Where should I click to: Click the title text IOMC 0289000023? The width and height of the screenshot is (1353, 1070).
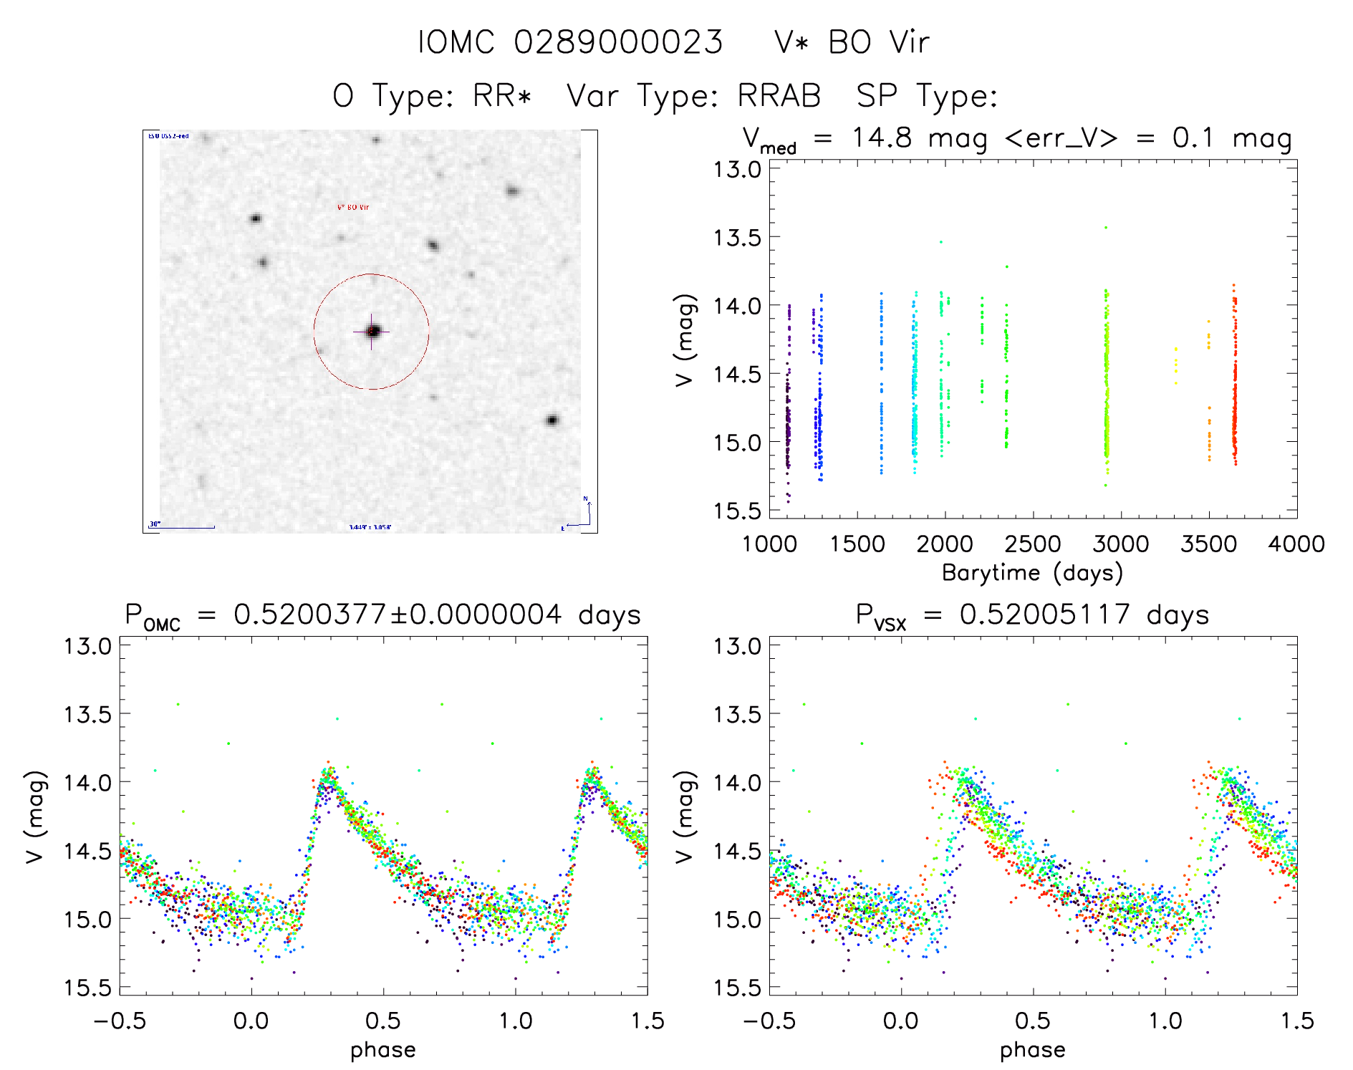pyautogui.click(x=570, y=42)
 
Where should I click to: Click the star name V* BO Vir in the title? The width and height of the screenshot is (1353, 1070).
pyautogui.click(x=852, y=42)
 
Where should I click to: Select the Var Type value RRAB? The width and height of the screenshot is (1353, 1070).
pyautogui.click(x=779, y=96)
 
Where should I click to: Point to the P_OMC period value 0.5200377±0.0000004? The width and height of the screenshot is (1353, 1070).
pyautogui.click(x=398, y=614)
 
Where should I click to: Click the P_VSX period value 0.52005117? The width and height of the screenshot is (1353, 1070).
pyautogui.click(x=1045, y=614)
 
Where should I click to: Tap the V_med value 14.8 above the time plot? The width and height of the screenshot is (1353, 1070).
pyautogui.click(x=881, y=138)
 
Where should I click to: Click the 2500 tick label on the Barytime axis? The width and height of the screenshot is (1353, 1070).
pyautogui.click(x=1033, y=544)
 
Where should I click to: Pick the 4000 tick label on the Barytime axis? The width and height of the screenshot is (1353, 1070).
pyautogui.click(x=1296, y=544)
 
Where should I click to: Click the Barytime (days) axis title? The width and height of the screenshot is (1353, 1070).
pyautogui.click(x=1032, y=573)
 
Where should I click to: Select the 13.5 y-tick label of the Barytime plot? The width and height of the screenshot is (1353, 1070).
pyautogui.click(x=736, y=237)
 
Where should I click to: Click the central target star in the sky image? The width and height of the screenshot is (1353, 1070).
pyautogui.click(x=372, y=331)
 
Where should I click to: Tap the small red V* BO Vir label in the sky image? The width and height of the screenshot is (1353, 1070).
pyautogui.click(x=353, y=207)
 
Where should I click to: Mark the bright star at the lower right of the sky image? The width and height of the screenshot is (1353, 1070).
pyautogui.click(x=552, y=420)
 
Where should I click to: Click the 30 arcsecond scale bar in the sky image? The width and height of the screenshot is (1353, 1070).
pyautogui.click(x=183, y=527)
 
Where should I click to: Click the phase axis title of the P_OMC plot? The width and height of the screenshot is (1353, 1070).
pyautogui.click(x=382, y=1050)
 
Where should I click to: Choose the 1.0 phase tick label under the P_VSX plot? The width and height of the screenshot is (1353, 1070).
pyautogui.click(x=1165, y=1021)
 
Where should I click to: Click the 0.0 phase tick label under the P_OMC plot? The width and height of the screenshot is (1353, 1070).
pyautogui.click(x=251, y=1021)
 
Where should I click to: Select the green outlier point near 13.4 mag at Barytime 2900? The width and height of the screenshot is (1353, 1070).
pyautogui.click(x=1106, y=227)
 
